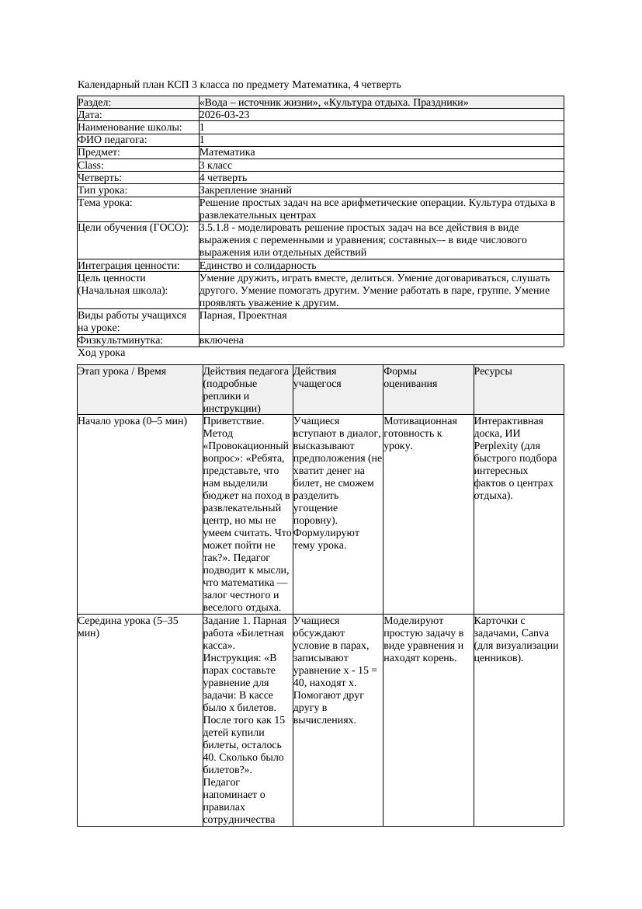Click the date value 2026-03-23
tap(224, 115)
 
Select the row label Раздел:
tap(95, 103)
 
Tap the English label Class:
tap(91, 165)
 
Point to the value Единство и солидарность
tap(258, 265)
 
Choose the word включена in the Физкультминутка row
tap(221, 340)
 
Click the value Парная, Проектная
tap(243, 315)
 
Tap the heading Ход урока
tap(101, 353)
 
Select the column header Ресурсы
tap(493, 371)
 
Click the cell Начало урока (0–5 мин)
tap(132, 421)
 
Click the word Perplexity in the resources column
tap(498, 446)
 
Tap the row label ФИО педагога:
tap(113, 140)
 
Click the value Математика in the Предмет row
tap(227, 152)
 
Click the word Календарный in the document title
tap(109, 84)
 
